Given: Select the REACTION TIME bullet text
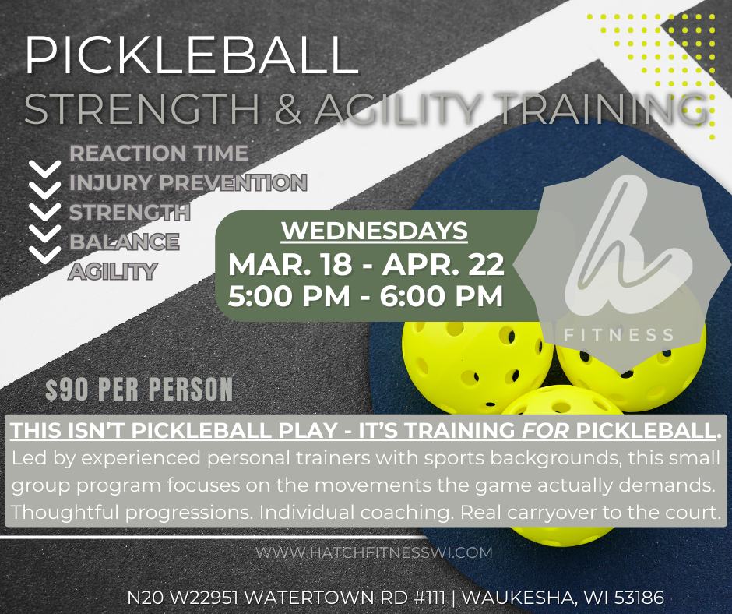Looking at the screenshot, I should pos(159,152).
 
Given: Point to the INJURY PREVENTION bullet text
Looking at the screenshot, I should pos(188,183).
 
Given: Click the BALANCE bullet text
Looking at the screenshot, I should pos(125,242).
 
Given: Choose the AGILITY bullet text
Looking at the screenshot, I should pos(114,271).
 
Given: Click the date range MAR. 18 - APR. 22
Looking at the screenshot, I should pos(366,264).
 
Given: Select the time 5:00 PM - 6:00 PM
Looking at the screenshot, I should pos(364,297).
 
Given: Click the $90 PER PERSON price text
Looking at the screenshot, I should pos(139,389).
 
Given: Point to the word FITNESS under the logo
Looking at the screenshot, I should pos(620,335).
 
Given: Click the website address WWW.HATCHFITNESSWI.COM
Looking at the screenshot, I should pos(375,552).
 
